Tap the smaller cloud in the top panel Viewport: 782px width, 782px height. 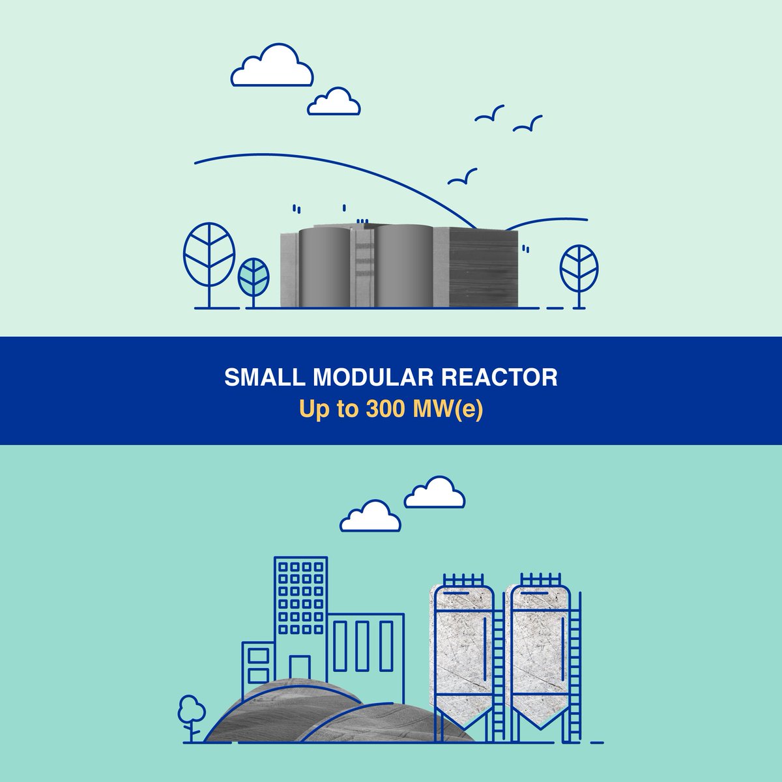pyautogui.click(x=334, y=103)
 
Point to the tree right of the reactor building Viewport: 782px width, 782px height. pyautogui.click(x=579, y=268)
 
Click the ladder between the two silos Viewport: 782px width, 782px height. pyautogui.click(x=499, y=678)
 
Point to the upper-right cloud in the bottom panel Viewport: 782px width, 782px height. pyautogui.click(x=435, y=493)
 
